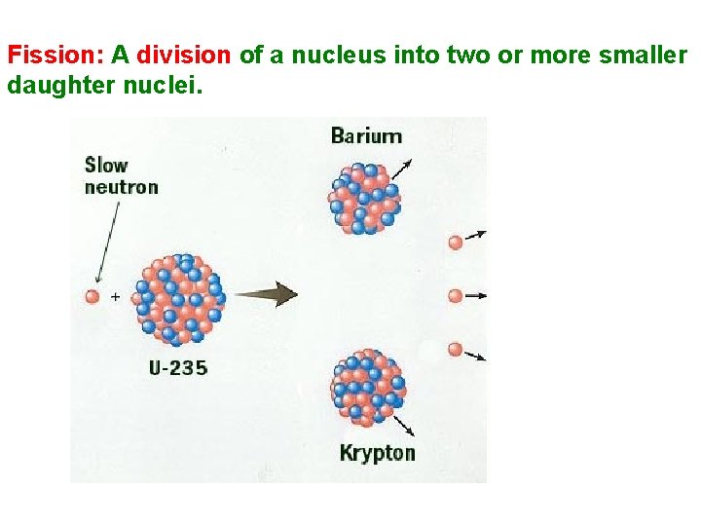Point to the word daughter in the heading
point(55,85)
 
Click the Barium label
point(366,135)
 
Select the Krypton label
point(377,452)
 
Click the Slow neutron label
point(121,175)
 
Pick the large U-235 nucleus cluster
point(180,300)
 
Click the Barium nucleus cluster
point(364,198)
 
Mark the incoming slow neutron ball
point(92,295)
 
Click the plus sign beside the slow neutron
point(115,295)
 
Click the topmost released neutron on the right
point(455,242)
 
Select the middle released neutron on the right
point(455,295)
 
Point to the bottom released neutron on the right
point(455,349)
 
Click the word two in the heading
point(467,56)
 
